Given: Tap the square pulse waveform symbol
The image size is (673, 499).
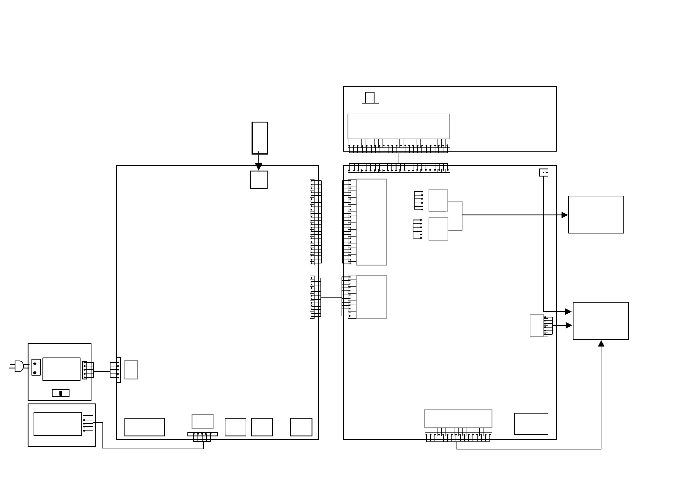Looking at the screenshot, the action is [370, 98].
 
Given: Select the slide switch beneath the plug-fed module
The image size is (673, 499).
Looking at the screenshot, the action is [61, 393].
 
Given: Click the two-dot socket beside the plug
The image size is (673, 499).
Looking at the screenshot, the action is [36, 367].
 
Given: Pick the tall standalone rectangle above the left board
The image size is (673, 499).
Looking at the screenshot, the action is [260, 138].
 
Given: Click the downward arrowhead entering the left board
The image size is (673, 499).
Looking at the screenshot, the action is [258, 166].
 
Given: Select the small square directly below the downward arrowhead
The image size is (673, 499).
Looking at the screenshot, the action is [259, 180].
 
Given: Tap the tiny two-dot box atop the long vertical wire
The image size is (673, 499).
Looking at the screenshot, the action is [544, 172].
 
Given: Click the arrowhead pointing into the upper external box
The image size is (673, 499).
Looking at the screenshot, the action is [565, 215].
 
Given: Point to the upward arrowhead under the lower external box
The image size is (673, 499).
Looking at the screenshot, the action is [601, 344].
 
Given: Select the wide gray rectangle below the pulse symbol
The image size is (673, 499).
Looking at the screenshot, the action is [399, 126].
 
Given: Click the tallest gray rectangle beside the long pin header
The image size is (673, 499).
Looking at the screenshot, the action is [372, 222].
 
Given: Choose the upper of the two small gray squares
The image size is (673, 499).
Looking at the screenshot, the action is [438, 201].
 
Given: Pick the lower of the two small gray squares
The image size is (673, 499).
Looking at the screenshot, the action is [438, 229].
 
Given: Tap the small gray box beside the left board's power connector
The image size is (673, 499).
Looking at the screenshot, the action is [131, 370].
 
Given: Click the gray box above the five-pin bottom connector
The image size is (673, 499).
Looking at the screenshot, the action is [203, 422].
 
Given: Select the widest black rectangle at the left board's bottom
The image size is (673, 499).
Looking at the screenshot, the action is [145, 427].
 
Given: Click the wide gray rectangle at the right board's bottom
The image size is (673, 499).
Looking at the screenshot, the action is [458, 419].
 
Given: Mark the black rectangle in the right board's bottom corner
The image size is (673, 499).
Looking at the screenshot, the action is [531, 424].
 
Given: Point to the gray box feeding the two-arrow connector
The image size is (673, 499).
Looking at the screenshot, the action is [537, 325].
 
